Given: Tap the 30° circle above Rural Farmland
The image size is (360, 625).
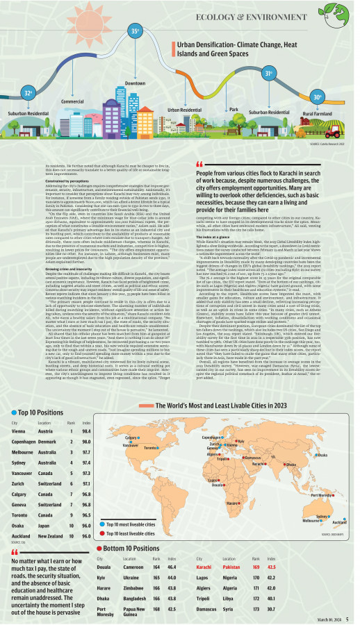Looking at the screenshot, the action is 318,97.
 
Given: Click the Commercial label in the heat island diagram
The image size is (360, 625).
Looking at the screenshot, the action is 73,101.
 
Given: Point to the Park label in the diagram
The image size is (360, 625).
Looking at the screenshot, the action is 234,110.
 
